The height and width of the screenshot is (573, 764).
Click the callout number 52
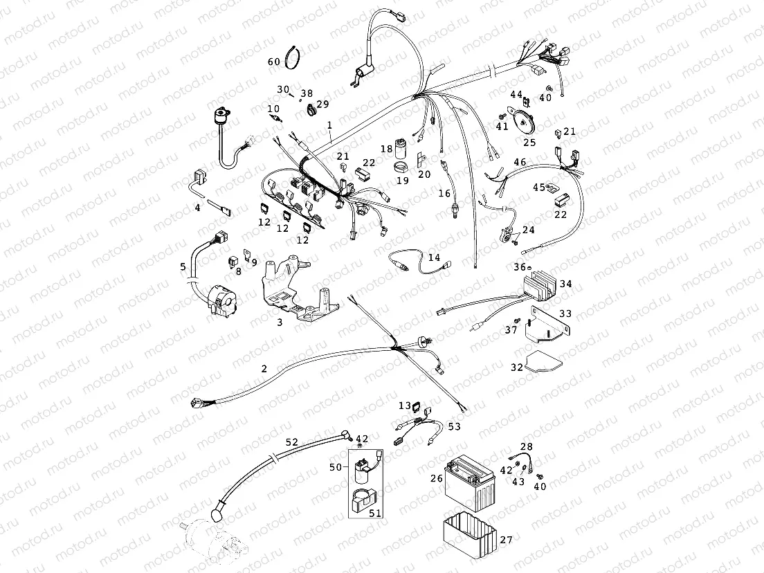point(291,442)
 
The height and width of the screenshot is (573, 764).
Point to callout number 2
point(264,369)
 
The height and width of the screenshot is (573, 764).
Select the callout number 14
point(434,258)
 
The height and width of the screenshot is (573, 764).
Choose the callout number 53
point(454,427)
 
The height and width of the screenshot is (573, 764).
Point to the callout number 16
point(444,194)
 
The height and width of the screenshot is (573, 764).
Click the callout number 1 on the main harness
point(330,125)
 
